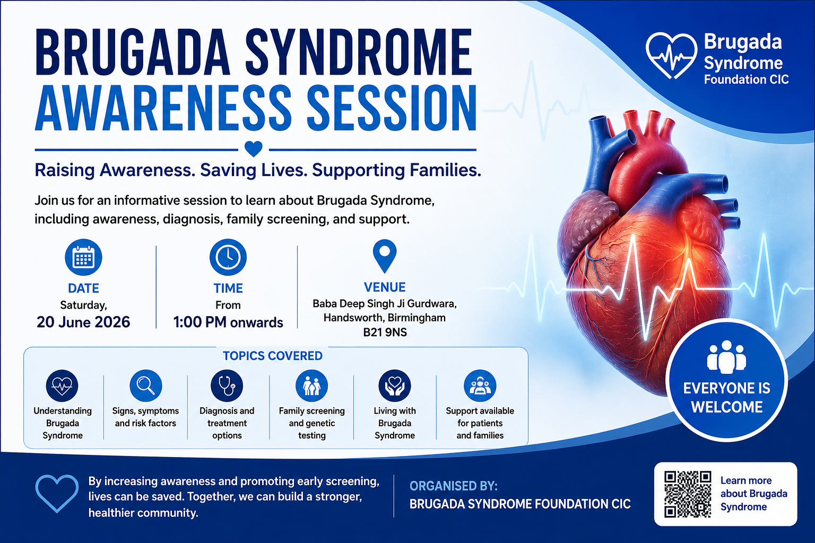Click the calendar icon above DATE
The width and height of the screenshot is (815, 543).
83,257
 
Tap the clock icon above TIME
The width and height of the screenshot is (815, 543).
228,257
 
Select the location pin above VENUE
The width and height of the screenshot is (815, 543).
385,256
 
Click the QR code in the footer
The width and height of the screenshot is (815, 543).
687,494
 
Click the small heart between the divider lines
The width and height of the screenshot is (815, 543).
254,149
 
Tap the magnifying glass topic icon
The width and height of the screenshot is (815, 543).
145,386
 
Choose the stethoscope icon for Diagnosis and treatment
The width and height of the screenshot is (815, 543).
227,386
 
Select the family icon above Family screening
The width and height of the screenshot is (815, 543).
312,386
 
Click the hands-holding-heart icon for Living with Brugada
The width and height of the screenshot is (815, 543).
395,386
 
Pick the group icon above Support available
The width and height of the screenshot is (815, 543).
480,386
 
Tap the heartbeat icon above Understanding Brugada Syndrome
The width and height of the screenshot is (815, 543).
62,386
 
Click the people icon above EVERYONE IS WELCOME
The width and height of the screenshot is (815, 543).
726,357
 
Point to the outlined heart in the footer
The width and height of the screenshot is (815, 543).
57,494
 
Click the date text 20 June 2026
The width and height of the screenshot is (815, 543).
83,322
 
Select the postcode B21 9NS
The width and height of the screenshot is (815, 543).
385,332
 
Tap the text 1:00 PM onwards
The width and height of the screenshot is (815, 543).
228,322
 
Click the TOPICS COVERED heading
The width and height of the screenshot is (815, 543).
273,356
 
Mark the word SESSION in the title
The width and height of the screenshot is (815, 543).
392,108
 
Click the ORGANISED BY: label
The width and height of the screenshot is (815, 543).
453,486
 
